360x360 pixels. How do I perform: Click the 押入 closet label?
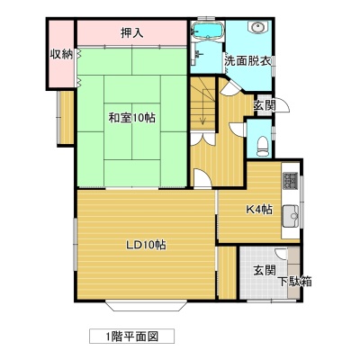(x=131, y=32)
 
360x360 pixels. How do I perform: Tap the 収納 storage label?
(x=61, y=54)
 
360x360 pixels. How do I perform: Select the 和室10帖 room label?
(x=131, y=118)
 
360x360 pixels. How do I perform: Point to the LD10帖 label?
(x=146, y=246)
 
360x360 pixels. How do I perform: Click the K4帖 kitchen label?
(x=259, y=209)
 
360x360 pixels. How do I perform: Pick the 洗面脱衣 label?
(x=248, y=61)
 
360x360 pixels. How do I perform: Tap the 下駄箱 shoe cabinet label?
(x=294, y=282)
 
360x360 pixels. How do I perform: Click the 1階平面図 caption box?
(x=131, y=337)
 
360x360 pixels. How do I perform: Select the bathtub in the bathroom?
(x=207, y=30)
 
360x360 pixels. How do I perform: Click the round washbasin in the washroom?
(x=257, y=28)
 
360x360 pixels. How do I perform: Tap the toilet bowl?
(x=263, y=146)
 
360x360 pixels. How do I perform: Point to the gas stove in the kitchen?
(x=290, y=181)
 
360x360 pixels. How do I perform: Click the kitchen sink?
(x=290, y=216)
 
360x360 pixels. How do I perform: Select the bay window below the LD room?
(x=146, y=305)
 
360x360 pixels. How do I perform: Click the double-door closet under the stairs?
(x=203, y=139)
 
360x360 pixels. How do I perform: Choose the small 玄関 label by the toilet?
(x=265, y=105)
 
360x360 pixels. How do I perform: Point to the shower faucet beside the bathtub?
(x=197, y=54)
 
